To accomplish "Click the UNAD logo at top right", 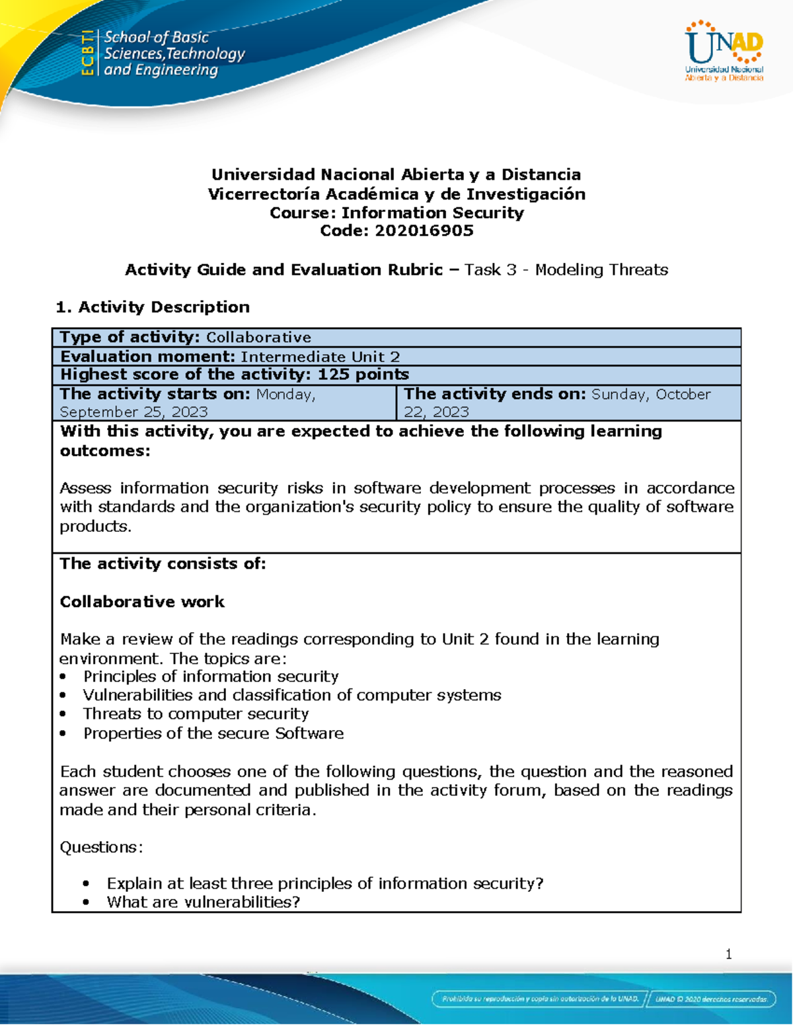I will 724,51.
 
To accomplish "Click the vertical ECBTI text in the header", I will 87,53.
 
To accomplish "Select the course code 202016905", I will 424,231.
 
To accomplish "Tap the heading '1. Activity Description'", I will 153,307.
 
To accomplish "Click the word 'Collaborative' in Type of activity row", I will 258,338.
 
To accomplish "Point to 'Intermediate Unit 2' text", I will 321,357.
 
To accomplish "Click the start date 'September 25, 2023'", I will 133,412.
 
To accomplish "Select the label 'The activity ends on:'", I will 495,394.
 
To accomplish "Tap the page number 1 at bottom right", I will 728,954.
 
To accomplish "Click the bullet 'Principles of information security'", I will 211,677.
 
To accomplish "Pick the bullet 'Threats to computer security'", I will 196,714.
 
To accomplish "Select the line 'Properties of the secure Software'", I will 213,733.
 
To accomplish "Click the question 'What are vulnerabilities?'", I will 204,902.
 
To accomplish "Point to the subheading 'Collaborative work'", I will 142,602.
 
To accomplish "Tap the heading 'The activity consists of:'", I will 163,564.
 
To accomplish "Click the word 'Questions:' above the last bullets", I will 101,847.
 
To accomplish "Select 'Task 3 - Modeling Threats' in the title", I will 566,270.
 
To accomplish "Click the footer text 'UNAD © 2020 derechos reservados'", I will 711,999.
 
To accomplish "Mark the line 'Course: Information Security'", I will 397,213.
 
